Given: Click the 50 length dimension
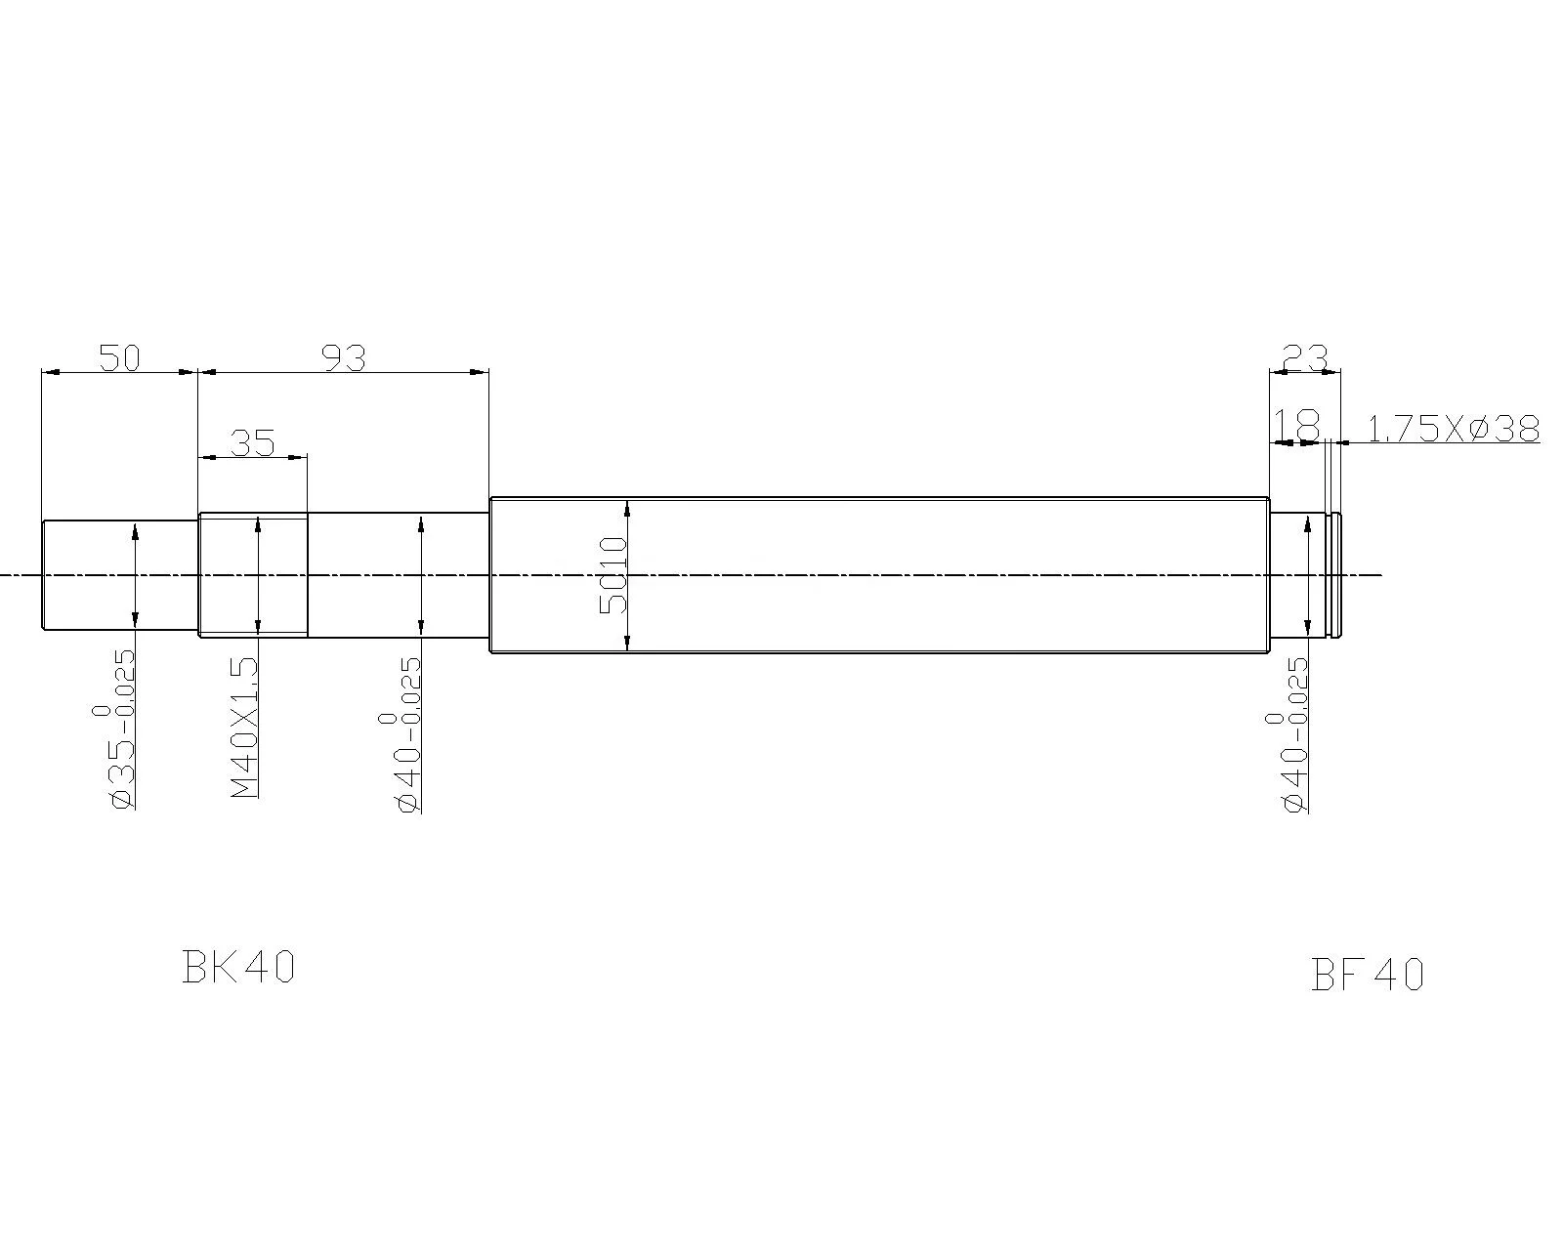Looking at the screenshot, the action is coord(119,357).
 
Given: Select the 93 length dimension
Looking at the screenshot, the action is coord(344,357).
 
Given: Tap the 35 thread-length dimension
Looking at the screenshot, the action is coord(253,442).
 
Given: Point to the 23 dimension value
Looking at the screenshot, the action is coord(1305,357).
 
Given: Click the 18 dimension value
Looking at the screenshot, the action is coord(1297,426).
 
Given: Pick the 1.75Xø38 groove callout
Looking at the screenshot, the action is coord(1454,429).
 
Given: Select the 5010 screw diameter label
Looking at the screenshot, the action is coord(613,575).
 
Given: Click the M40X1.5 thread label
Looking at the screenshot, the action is coord(245,728).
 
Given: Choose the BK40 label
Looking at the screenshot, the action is coord(238,967).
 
